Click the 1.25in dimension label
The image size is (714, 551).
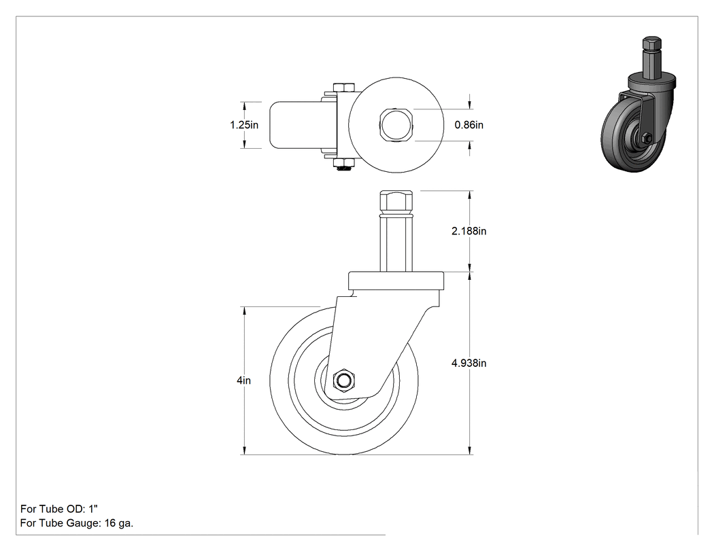(x=244, y=124)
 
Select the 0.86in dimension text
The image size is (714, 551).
(x=469, y=124)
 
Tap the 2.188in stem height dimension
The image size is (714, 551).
(x=469, y=231)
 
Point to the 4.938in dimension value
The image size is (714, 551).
(x=469, y=363)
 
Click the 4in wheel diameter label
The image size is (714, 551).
(x=243, y=380)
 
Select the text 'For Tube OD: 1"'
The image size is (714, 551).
(x=59, y=509)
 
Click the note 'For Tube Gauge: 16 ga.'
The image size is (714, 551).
(x=77, y=523)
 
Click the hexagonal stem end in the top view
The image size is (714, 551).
(x=396, y=124)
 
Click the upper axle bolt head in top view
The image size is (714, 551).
(x=344, y=88)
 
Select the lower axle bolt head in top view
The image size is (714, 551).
(x=344, y=163)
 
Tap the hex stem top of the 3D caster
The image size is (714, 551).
(x=652, y=44)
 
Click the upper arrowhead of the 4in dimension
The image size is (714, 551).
(x=245, y=310)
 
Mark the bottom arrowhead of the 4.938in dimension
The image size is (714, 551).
(x=470, y=450)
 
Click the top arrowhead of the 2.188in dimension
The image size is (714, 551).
(x=470, y=195)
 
